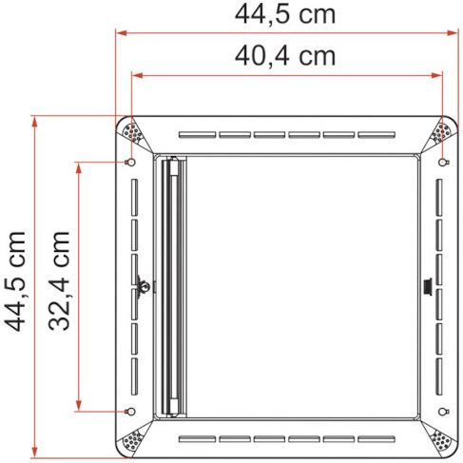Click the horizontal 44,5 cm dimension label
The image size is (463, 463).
pos(284,15)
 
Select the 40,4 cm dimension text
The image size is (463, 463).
pos(284,56)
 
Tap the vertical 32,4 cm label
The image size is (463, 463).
pos(59,281)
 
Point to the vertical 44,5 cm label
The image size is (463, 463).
pos(14,281)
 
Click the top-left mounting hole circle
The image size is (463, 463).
pos(131,163)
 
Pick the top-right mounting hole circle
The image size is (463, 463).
pos(442,163)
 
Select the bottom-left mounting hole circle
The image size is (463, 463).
pos(131,412)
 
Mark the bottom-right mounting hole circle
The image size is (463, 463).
pos(442,412)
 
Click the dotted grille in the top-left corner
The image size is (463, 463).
pos(133,133)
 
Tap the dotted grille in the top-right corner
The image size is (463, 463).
pos(441,133)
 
